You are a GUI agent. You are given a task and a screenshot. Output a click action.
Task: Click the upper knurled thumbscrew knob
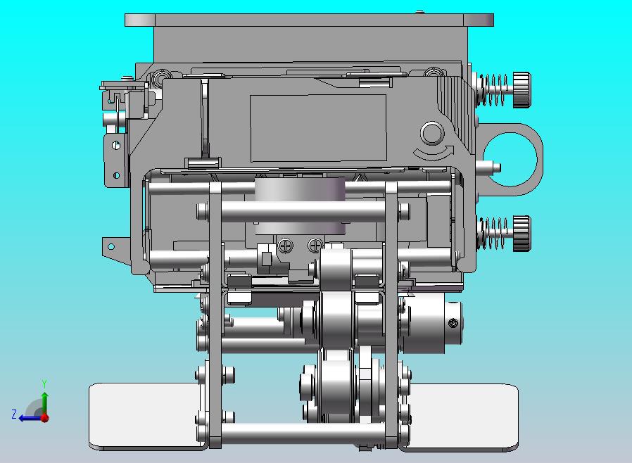pos(522,90)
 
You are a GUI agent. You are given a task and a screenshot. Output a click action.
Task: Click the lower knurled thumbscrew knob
pos(522,234)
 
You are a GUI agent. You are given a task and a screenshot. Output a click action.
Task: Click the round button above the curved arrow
pos(432,134)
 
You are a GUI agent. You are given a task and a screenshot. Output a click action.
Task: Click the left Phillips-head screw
pos(286,246)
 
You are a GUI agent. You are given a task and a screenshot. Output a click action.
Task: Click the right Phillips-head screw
pos(315,245)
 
